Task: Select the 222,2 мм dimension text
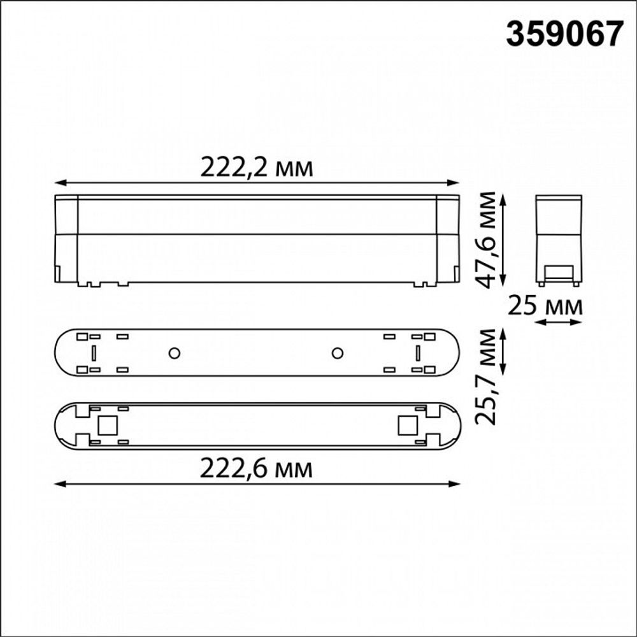pos(257,168)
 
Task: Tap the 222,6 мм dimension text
pos(257,469)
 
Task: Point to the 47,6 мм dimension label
pos(489,240)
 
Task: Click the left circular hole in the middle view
pos(173,353)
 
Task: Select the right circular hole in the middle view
pos(338,353)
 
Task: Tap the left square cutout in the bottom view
pos(106,424)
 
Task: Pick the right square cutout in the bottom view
pos(406,424)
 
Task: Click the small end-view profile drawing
pos(559,240)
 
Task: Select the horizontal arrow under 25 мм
pos(558,322)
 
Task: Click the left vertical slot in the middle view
pos(94,353)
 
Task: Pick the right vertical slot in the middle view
pos(418,353)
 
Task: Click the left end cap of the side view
pos(66,239)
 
